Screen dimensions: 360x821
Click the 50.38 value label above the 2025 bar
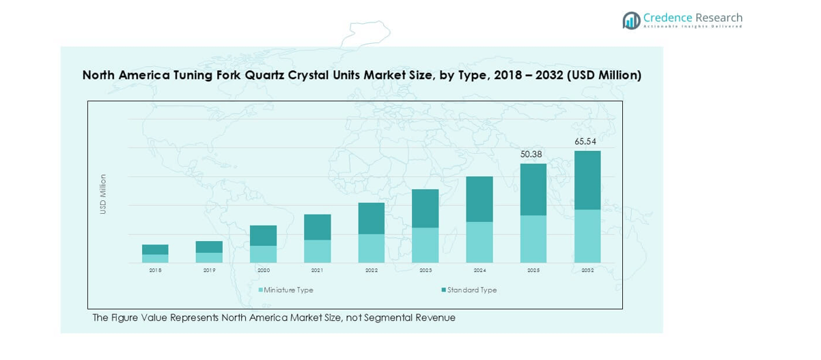(531, 154)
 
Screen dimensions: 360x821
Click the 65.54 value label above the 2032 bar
(585, 141)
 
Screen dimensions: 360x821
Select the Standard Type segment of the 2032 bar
(587, 180)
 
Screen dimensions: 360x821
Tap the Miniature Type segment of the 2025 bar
(533, 238)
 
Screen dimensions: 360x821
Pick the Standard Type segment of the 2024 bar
(479, 199)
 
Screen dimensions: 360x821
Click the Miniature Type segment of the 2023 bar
(426, 245)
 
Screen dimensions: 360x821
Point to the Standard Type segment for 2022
(372, 218)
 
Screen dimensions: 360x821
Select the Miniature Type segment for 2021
(318, 251)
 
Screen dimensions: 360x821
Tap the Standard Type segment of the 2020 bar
(263, 235)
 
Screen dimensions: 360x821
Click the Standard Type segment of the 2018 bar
(155, 249)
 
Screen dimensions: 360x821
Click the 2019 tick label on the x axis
(209, 271)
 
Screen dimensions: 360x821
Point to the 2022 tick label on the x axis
(372, 271)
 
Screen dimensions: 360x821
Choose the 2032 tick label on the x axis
(587, 271)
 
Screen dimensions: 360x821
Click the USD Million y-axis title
(103, 194)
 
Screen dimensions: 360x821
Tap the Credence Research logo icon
(631, 20)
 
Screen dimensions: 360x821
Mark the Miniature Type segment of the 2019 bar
(209, 258)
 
